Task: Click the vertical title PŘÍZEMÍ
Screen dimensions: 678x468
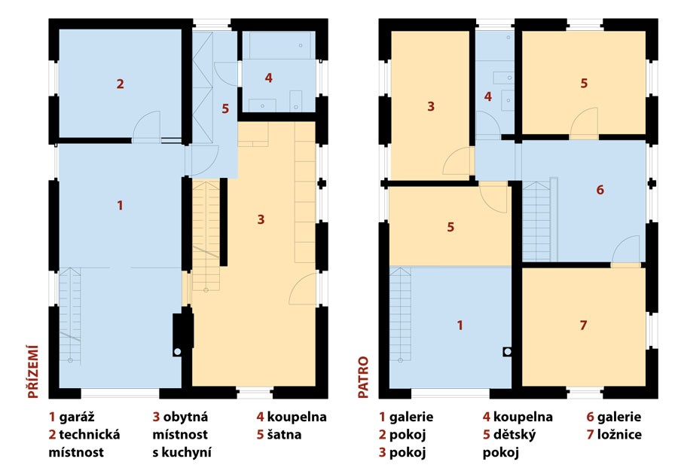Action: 33,372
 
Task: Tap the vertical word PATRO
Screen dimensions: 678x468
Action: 363,377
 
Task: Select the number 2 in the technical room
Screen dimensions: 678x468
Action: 121,84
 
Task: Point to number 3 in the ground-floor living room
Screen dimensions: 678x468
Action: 261,220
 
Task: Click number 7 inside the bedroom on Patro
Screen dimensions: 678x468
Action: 583,325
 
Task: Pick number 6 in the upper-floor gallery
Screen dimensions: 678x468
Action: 600,190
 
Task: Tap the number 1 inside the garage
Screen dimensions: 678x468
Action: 121,205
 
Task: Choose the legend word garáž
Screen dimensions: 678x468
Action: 77,417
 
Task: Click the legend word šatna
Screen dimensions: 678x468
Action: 284,435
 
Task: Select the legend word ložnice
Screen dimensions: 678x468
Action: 619,435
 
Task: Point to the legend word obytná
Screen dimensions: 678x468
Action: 185,417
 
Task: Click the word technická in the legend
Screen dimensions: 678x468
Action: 90,435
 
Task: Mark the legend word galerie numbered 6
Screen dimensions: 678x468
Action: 619,417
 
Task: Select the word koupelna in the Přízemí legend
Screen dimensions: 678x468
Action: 297,417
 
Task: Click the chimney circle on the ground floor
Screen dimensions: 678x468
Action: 177,352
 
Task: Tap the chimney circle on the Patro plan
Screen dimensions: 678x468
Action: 508,352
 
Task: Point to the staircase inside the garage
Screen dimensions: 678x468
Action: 69,315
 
